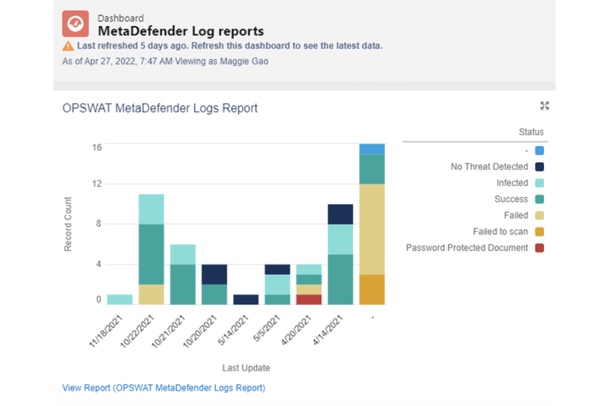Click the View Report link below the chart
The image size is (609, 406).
[163, 388]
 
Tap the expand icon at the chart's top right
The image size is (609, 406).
[544, 105]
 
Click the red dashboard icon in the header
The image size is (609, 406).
[75, 24]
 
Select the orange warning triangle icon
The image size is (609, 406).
[67, 46]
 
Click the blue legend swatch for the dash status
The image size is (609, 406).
[539, 150]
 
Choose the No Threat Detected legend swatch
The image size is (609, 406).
[539, 167]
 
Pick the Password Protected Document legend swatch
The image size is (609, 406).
[539, 248]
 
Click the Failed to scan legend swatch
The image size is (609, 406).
[539, 232]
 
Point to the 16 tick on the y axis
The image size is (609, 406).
[97, 147]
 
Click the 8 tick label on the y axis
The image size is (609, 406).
[99, 224]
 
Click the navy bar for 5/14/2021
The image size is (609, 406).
[246, 299]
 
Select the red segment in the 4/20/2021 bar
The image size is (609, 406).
[308, 299]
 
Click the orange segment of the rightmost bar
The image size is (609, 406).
[372, 290]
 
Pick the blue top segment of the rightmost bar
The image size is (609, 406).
[372, 149]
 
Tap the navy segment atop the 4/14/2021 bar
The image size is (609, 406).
[340, 214]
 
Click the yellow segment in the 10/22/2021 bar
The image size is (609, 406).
[151, 294]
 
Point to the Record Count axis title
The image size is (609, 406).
[68, 224]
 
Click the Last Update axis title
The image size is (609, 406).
[246, 368]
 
